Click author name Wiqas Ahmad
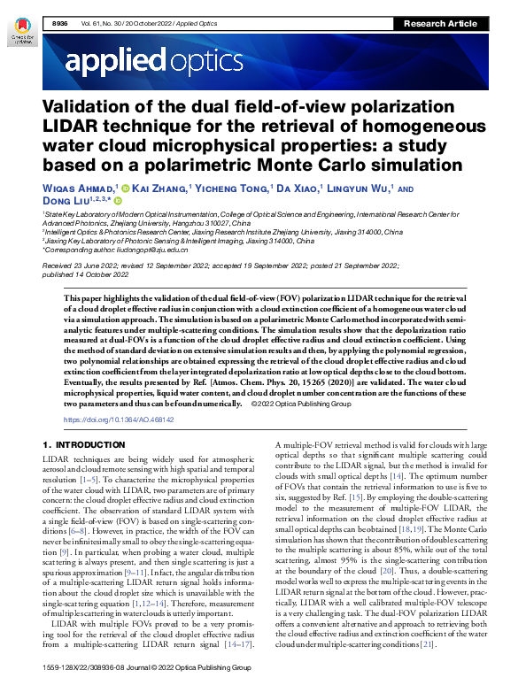click(x=79, y=188)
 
